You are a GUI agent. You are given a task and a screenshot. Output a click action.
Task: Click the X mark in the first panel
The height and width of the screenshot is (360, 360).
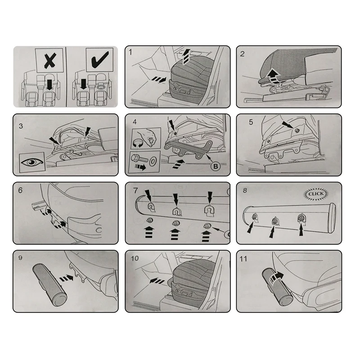coord(50,61)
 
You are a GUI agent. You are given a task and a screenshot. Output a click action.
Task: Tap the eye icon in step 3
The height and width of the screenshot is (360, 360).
coord(32,162)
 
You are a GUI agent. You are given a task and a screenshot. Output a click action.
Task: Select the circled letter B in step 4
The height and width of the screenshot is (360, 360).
coord(216,166)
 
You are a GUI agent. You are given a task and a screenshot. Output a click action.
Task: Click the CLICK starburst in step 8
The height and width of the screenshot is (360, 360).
coord(316,194)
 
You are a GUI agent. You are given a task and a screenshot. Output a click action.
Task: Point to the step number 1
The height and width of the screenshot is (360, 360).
coord(130,52)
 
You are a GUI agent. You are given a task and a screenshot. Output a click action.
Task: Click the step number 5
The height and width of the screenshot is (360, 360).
coord(251,122)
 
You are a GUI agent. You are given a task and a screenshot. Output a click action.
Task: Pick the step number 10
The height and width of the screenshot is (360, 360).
coord(135,258)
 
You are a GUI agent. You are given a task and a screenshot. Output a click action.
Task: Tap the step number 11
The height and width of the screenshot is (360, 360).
coord(243,259)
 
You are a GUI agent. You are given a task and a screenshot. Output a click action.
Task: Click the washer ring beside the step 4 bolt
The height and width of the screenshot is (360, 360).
coord(153,162)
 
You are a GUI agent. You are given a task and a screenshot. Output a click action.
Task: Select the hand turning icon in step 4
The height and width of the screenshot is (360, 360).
coord(146,139)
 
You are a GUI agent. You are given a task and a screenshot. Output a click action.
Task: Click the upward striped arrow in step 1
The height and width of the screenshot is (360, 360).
coord(186,57)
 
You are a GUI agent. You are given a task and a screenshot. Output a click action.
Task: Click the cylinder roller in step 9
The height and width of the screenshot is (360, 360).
coord(50,285)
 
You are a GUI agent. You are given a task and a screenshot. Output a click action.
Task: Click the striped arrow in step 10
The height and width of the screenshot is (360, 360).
coord(157,281)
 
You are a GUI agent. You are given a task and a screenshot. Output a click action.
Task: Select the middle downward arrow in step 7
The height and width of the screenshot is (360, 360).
coord(176,199)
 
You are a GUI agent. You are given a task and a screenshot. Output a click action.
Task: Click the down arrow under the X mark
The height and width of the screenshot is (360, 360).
coord(49,85)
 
